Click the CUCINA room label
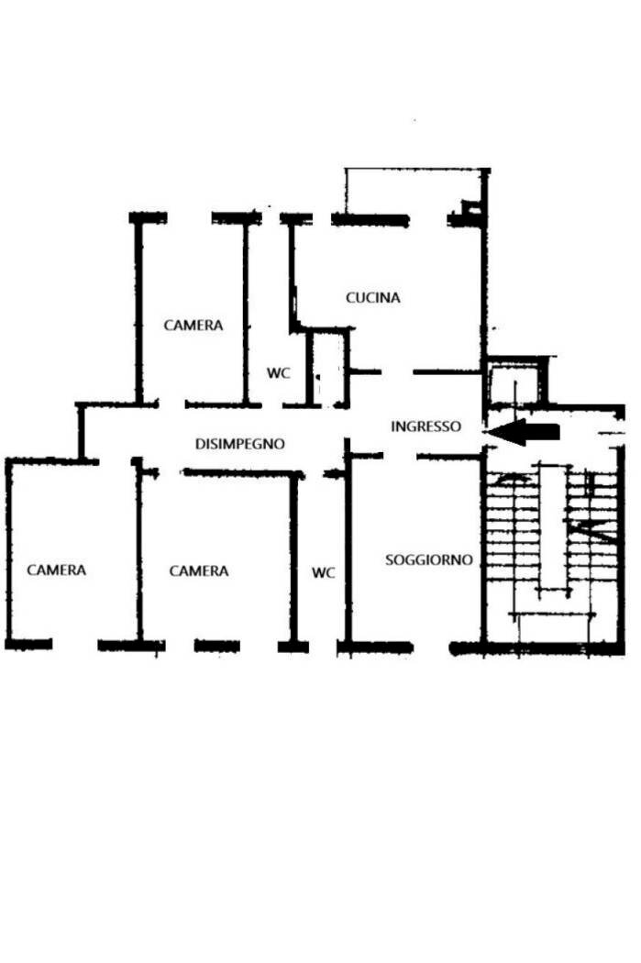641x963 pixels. [x=372, y=298]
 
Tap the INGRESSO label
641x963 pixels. [x=425, y=426]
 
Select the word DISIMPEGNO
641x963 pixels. [x=239, y=444]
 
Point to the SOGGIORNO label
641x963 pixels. [x=428, y=560]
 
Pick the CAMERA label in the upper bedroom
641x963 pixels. [x=193, y=326]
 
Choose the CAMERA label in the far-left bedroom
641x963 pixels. [x=57, y=570]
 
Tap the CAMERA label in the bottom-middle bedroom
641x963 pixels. [x=198, y=571]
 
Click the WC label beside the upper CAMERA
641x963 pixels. [x=278, y=373]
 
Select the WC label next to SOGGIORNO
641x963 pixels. [x=324, y=573]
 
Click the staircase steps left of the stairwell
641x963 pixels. [x=514, y=527]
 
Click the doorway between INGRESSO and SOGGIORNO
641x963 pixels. [x=400, y=457]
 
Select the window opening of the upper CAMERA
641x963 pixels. [x=189, y=218]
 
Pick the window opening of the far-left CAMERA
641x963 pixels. [x=75, y=645]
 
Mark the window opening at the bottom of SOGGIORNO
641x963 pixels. [x=432, y=648]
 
